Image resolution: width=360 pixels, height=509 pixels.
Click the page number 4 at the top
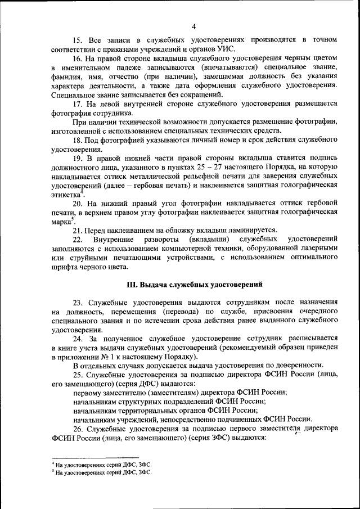click(x=193, y=26)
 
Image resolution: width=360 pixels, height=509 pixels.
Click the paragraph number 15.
click(x=78, y=40)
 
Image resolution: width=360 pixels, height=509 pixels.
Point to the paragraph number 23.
click(x=78, y=303)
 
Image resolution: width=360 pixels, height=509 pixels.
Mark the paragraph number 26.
click(x=78, y=429)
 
